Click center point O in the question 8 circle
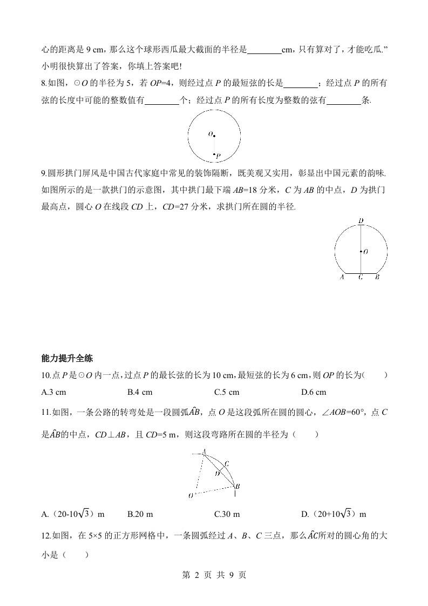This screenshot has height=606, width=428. click(214, 136)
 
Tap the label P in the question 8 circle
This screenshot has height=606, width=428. click(218, 156)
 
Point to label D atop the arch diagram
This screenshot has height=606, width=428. click(360, 220)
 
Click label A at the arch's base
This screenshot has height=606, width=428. click(342, 278)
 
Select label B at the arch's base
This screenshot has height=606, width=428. click(377, 278)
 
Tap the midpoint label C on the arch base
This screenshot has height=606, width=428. click(360, 278)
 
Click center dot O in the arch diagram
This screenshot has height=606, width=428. click(361, 251)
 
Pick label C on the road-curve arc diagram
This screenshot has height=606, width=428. click(227, 463)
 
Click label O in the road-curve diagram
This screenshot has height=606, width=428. click(191, 495)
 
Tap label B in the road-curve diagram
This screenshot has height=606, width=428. click(237, 487)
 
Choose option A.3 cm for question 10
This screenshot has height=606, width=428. click(53, 392)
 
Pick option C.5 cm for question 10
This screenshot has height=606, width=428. click(226, 392)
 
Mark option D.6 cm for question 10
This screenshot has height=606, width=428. click(314, 392)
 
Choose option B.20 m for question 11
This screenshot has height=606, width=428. click(141, 514)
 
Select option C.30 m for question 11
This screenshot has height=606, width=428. click(227, 514)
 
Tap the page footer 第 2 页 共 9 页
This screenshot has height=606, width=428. click(214, 575)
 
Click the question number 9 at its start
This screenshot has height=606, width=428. click(43, 174)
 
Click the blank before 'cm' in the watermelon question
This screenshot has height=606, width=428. click(264, 51)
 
